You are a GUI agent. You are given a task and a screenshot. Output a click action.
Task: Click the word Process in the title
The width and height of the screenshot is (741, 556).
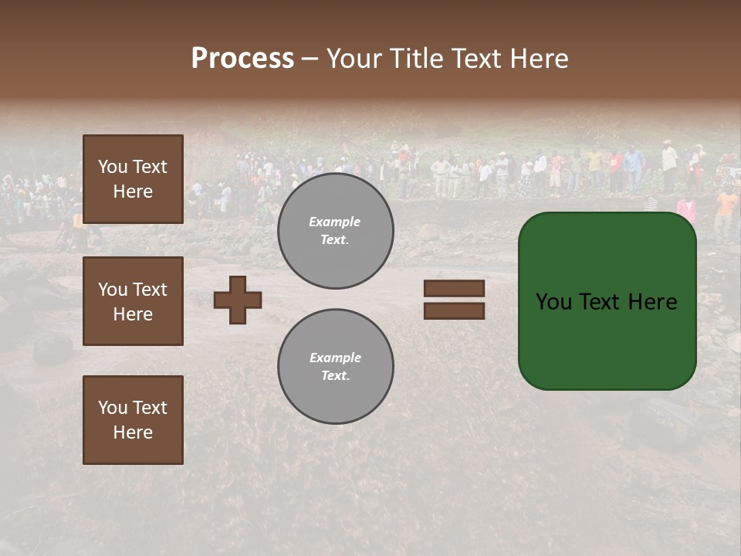[x=242, y=59]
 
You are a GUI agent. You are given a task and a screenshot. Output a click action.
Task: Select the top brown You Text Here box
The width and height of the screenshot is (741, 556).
[x=133, y=179]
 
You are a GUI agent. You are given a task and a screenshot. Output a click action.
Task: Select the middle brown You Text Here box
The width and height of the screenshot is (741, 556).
[x=133, y=301]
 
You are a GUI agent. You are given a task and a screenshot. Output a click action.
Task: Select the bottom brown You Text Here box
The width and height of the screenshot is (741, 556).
[x=133, y=420]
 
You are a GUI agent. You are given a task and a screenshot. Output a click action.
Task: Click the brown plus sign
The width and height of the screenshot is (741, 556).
[x=238, y=300]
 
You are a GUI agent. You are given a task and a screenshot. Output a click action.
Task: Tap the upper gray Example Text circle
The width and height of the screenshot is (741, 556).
[x=335, y=231]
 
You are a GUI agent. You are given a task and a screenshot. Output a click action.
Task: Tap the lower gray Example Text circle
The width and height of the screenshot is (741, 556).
[x=335, y=367]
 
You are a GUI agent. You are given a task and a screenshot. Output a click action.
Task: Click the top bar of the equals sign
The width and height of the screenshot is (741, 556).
[x=454, y=289]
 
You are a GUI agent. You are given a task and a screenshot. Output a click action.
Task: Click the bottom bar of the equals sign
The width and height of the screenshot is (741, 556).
[x=454, y=310]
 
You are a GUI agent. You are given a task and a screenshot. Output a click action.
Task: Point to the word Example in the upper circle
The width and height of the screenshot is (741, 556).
[x=334, y=222]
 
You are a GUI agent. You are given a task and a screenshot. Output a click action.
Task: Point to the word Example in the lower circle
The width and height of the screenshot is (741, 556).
[x=334, y=358]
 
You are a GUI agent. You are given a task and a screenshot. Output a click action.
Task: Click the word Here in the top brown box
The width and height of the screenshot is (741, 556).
[x=133, y=192]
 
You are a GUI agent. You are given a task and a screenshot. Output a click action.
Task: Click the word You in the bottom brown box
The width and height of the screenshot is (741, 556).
[x=113, y=408]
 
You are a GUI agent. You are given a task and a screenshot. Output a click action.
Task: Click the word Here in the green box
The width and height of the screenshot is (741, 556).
[x=652, y=302]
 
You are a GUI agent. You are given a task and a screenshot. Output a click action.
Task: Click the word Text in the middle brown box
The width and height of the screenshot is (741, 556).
[x=150, y=290]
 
